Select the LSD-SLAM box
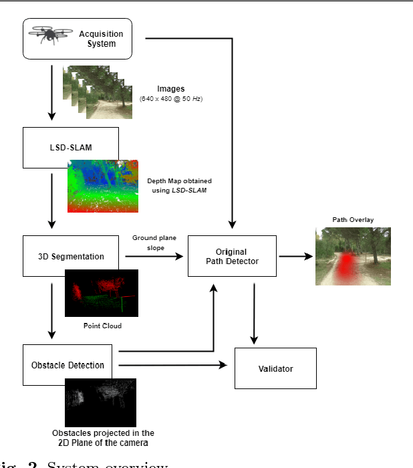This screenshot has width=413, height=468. pos(70,148)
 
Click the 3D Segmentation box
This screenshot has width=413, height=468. pos(70,256)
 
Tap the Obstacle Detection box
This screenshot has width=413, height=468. pos(70,365)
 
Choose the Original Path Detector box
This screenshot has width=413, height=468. pos(232,256)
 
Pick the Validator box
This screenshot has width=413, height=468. pos(275,368)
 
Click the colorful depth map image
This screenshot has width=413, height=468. pos(103,186)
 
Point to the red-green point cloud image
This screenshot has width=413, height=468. pos(102,293)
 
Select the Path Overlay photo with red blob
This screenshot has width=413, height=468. pos(353,256)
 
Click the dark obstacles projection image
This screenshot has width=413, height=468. pos(100,402)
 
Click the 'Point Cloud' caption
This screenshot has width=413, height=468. pos(102,326)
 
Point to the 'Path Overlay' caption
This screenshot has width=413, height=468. pos(352,220)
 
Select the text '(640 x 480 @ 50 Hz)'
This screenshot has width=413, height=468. pos(171,99)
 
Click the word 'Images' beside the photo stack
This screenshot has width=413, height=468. pos(171,88)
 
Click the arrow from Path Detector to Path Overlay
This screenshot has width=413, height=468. pos(295,256)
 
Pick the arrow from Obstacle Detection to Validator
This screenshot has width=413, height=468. pos(174,365)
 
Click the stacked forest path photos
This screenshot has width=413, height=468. pos(99,92)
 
